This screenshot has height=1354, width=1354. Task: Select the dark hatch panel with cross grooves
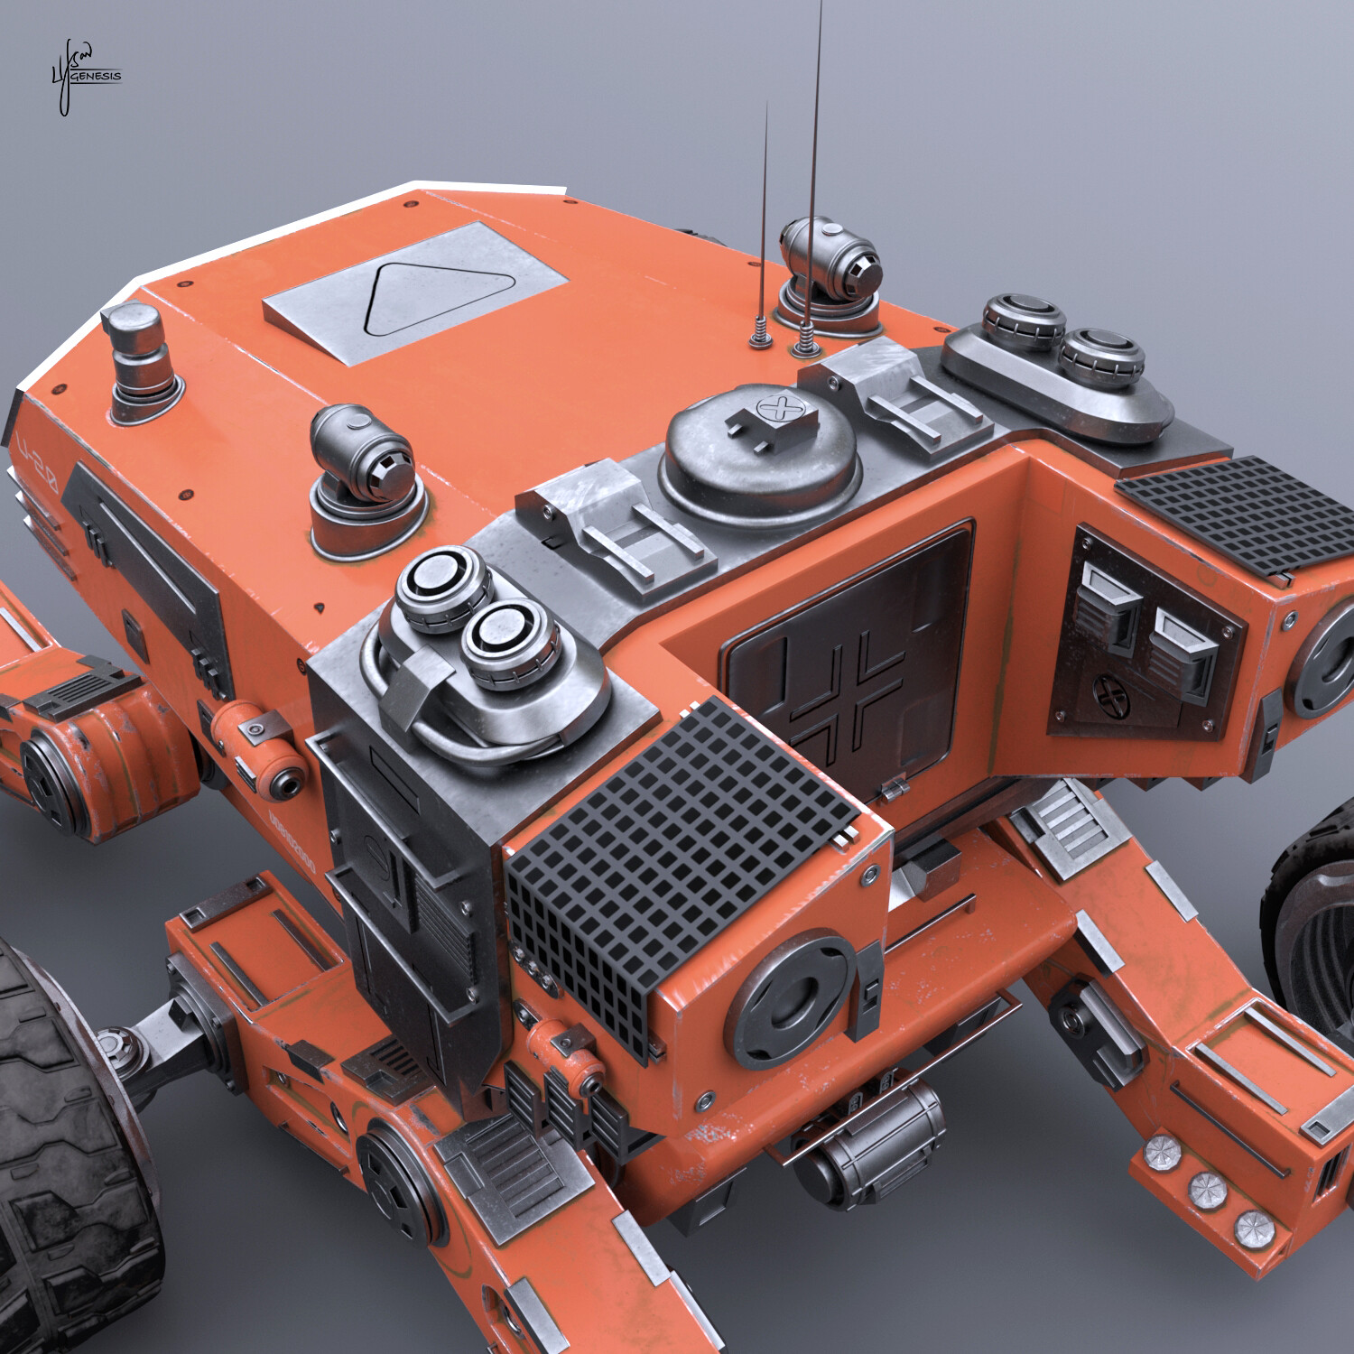pos(849,659)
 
